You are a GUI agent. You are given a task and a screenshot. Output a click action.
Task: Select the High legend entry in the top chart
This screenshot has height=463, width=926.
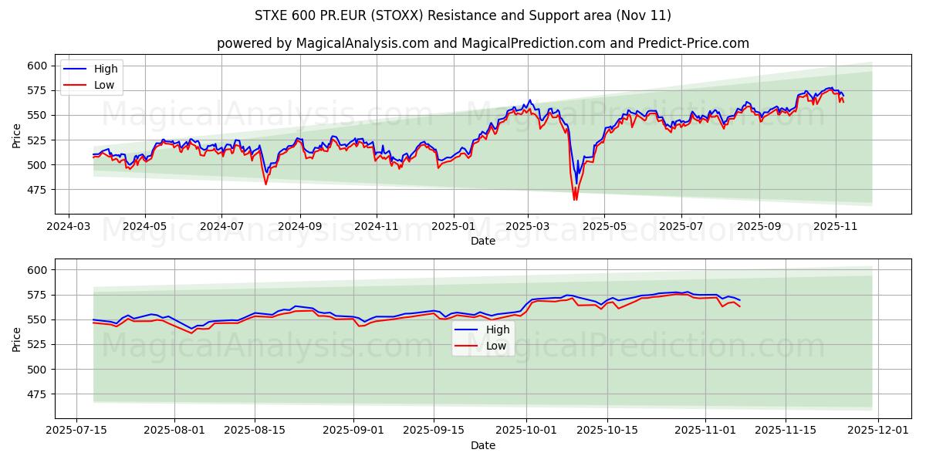pos(106,69)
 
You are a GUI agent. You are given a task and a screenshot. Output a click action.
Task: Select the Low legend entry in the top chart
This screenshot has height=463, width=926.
pos(104,85)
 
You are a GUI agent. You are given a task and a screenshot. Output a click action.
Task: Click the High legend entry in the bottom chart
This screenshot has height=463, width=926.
pos(497,330)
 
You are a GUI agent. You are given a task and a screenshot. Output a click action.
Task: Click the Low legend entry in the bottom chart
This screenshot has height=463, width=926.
pos(496,346)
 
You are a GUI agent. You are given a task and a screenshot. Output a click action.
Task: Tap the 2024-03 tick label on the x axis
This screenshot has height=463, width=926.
pos(69,228)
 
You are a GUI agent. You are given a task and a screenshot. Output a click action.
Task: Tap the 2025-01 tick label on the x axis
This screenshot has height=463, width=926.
pos(453,228)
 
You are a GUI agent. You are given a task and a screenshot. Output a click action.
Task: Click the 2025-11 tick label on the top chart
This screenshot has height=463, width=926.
pos(836,228)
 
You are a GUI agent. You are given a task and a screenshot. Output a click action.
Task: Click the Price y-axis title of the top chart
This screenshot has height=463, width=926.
pos(17,135)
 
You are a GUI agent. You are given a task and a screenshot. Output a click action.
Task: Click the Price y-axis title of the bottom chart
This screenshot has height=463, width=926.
pos(17,339)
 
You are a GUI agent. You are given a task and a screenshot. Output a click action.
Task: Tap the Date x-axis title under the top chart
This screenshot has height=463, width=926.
pos(483,241)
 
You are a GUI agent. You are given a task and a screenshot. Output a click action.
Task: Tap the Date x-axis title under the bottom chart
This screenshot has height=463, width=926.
pos(483,445)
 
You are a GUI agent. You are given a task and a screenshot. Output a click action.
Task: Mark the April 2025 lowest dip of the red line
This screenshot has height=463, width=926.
pos(575,200)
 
